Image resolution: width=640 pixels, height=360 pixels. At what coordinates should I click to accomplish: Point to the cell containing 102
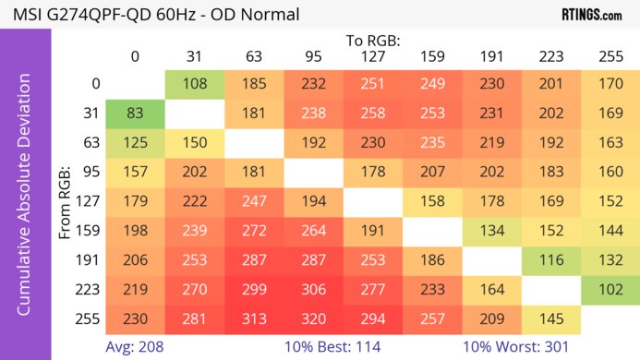[x=610, y=289]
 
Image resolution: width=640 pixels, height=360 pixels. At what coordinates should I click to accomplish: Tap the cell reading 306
[x=314, y=289]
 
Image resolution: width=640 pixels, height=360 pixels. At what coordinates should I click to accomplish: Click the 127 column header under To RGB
[x=373, y=57]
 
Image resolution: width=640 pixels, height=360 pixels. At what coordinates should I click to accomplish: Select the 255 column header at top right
[x=610, y=57]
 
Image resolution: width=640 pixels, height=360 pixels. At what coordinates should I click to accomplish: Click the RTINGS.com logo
[x=591, y=15]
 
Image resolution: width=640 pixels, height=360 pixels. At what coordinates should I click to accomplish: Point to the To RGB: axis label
[x=373, y=41]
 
